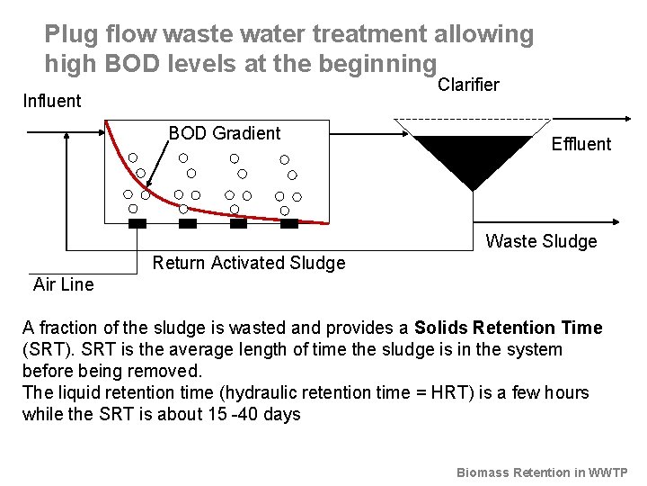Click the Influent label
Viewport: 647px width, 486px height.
pyautogui.click(x=51, y=101)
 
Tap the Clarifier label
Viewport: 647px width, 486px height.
pyautogui.click(x=468, y=85)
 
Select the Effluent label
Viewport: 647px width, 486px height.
pyautogui.click(x=581, y=144)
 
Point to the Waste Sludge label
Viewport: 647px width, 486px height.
pyautogui.click(x=541, y=241)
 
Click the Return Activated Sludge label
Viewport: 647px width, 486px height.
pyautogui.click(x=249, y=263)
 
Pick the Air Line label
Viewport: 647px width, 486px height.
pyautogui.click(x=63, y=284)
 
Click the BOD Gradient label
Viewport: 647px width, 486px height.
pyautogui.click(x=225, y=133)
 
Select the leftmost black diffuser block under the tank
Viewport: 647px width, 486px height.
pyautogui.click(x=137, y=222)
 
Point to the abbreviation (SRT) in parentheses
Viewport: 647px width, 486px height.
pyautogui.click(x=45, y=349)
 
